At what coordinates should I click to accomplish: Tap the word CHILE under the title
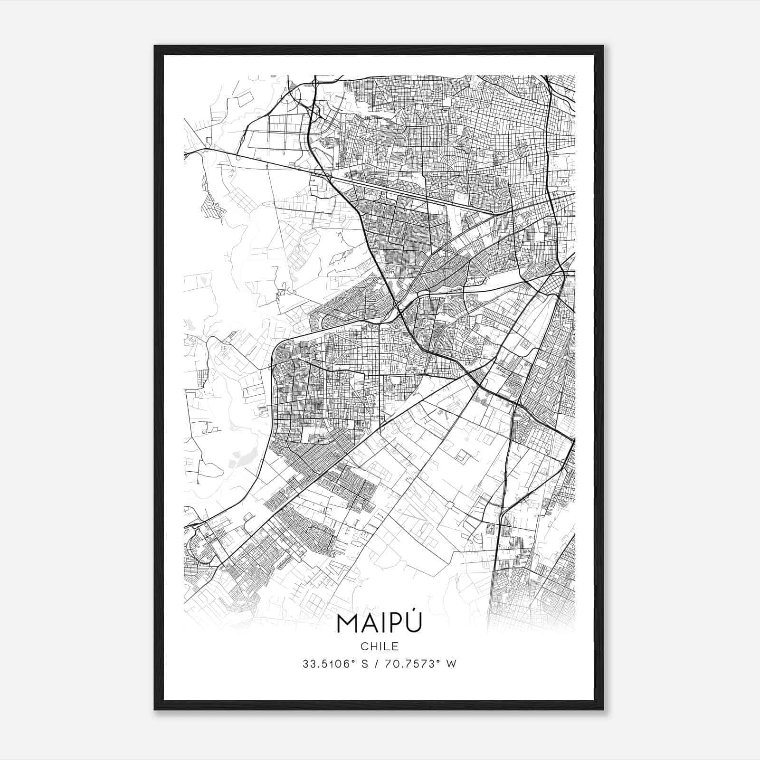pyautogui.click(x=379, y=646)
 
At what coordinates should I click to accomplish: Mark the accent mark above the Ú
pyautogui.click(x=414, y=613)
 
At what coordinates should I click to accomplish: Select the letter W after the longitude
pyautogui.click(x=452, y=664)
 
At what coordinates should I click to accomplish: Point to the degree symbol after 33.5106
pyautogui.click(x=356, y=661)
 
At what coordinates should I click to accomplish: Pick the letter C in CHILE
pyautogui.click(x=364, y=646)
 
